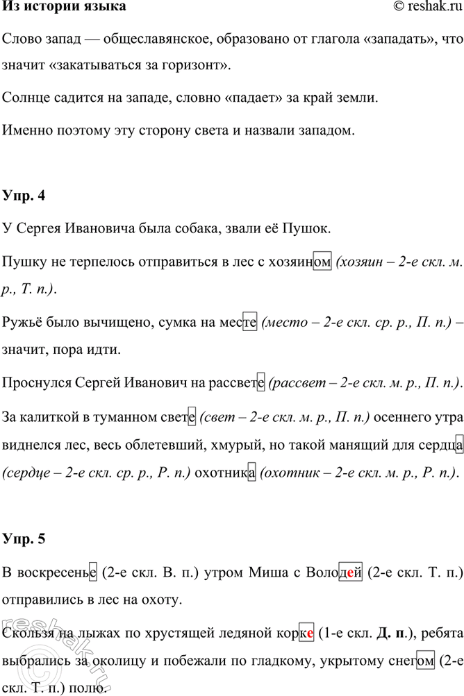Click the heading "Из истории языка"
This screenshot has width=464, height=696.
coord(65,8)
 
